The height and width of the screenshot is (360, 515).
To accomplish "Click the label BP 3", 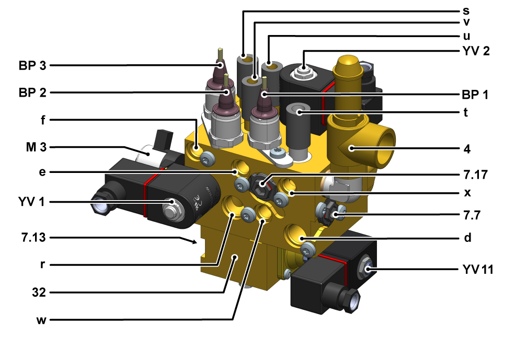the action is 32,66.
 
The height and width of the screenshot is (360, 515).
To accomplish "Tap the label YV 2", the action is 476,51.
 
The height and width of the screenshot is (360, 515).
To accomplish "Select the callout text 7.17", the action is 476,175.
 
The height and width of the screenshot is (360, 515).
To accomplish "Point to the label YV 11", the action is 478,270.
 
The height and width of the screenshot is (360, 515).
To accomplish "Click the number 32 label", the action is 39,292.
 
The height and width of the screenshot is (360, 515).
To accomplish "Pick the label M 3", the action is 36,147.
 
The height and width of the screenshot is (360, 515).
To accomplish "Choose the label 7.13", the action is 33,237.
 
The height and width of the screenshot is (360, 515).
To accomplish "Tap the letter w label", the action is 41,320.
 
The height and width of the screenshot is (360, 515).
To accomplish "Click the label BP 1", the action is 475,95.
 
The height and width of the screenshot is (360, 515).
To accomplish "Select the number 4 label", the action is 467,149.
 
